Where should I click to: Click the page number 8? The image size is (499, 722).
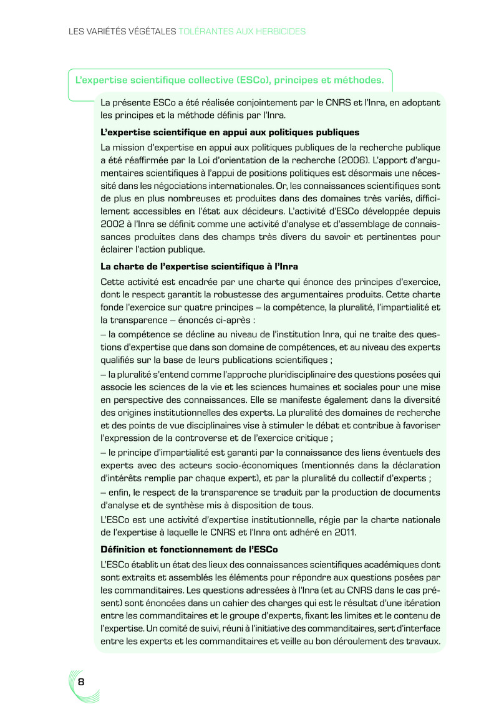click(81, 681)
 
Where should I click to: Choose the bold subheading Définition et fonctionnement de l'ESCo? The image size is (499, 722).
click(189, 549)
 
